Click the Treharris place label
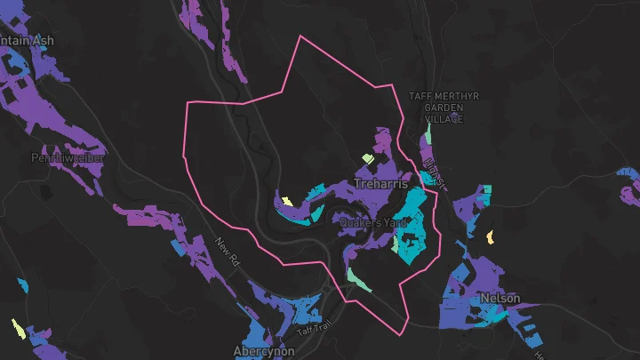tap(380, 184)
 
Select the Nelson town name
tap(500, 298)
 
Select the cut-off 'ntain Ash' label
tap(27, 41)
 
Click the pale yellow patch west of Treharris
tap(286, 200)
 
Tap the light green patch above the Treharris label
tap(367, 159)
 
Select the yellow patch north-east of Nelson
tap(490, 237)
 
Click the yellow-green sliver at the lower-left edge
tap(17, 329)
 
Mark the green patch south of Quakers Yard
tap(358, 278)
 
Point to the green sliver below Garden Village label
tap(428, 134)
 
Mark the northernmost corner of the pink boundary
tap(302, 36)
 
